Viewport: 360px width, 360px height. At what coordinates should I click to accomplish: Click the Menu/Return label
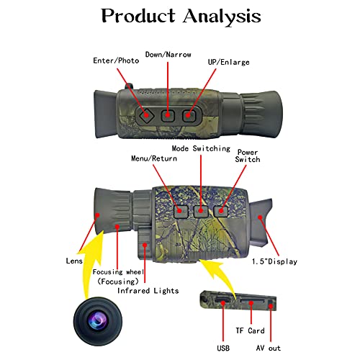[x=153, y=158]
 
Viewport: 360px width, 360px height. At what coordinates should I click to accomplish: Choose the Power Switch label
[x=248, y=156]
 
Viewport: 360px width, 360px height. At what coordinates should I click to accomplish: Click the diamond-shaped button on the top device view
[x=147, y=114]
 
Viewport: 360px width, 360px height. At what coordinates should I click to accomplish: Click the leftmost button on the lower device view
[x=181, y=211]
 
